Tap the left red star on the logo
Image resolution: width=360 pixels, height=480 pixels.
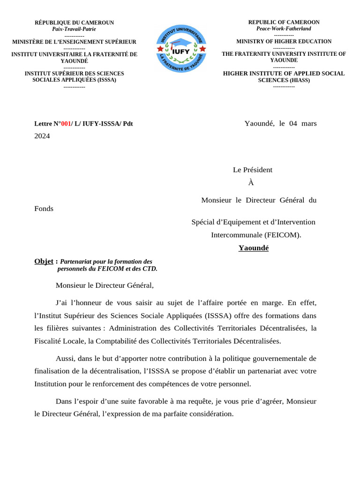160,48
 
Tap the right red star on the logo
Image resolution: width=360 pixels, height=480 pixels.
201,48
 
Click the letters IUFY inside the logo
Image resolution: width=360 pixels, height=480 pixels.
180,52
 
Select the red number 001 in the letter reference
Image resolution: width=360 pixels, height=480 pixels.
66,124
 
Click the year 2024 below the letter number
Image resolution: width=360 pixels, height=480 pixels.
42,136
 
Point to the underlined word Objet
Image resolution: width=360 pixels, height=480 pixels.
44,261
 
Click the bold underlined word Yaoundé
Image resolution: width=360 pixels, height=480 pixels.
253,248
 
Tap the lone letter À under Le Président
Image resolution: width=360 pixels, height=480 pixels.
251,183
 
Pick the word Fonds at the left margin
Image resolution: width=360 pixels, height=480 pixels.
44,209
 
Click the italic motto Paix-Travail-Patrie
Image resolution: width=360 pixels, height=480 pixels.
74,29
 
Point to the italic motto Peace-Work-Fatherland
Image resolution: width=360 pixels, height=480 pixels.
284,29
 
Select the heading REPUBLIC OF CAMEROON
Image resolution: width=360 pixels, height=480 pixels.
284,22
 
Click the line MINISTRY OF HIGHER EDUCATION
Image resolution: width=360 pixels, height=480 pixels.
284,41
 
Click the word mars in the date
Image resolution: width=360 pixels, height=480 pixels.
309,124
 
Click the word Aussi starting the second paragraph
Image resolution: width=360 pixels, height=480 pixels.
66,359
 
